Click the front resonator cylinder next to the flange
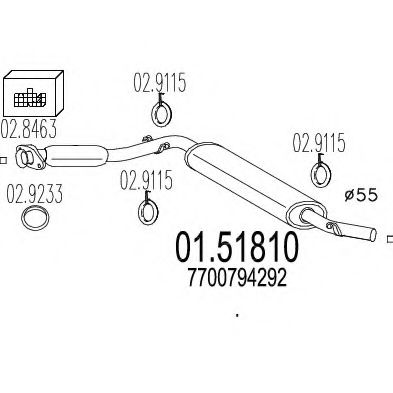[x=77, y=155]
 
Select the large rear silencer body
[x=246, y=181]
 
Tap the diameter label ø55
[x=356, y=196]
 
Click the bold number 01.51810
[x=232, y=246]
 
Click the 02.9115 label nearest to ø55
[x=318, y=144]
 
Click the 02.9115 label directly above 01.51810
[x=146, y=181]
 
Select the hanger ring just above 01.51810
[x=147, y=210]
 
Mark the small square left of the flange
[x=4, y=159]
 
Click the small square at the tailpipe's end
[x=387, y=240]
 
